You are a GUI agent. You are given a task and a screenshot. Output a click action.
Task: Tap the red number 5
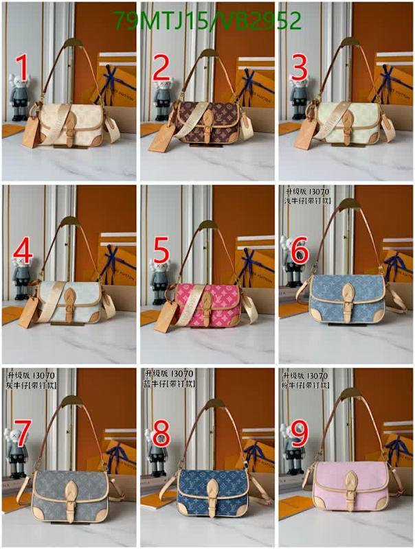(161, 251)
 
